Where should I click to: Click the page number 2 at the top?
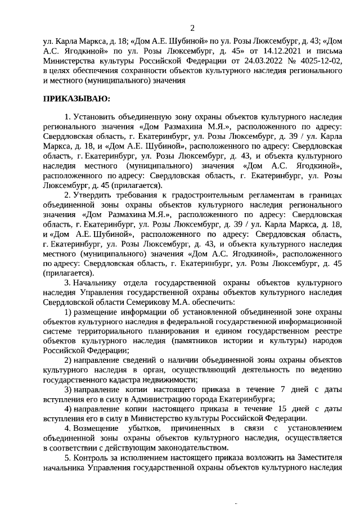192,28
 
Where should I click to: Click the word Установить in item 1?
96,116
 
